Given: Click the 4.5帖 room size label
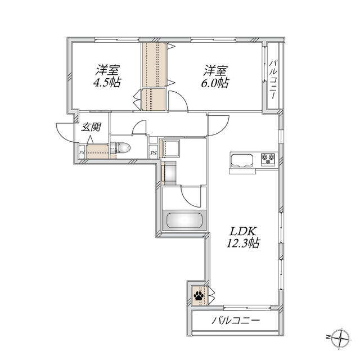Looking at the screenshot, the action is click(107, 83).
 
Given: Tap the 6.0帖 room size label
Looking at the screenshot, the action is click(215, 83).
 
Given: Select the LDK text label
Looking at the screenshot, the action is click(243, 231).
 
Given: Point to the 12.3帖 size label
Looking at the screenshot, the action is click(243, 243).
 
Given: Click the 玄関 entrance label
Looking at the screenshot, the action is click(91, 127).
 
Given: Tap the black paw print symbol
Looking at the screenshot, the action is click(199, 296).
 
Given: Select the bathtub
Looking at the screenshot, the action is click(184, 220).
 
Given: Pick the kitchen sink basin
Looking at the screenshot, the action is click(242, 160).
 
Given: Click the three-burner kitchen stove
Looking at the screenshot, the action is click(268, 159).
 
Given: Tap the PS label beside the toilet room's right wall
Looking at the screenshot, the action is click(154, 153).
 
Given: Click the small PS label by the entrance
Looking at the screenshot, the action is click(82, 152).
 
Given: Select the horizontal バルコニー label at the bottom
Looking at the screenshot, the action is click(236, 321).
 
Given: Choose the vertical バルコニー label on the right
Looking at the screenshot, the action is click(273, 79).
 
